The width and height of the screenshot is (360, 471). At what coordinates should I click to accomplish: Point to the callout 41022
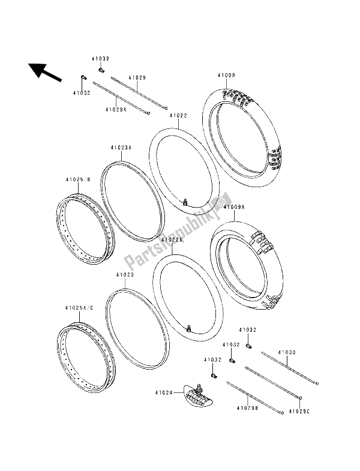(178, 115)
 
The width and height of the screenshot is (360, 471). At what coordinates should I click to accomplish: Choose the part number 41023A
(121, 147)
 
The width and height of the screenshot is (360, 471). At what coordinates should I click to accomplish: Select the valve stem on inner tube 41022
(188, 202)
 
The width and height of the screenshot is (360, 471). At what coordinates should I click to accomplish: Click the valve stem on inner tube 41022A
(190, 327)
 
